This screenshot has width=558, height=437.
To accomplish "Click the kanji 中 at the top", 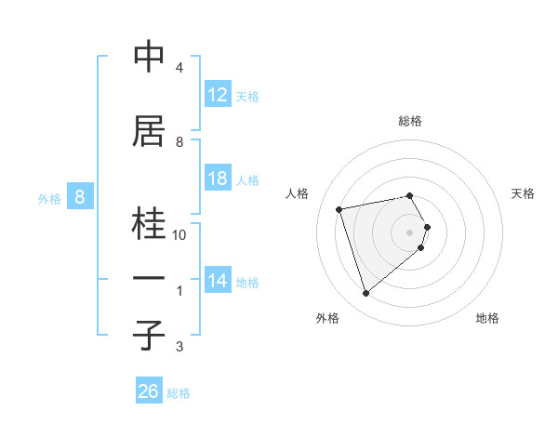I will [149, 58].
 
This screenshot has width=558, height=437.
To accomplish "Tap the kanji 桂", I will [149, 224].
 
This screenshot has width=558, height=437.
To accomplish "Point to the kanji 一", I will [149, 279].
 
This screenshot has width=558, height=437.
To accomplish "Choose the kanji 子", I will [149, 336].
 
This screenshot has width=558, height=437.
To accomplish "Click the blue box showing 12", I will [218, 95].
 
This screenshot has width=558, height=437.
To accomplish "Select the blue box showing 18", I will [218, 179].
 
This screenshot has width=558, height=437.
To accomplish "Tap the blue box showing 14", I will [218, 281].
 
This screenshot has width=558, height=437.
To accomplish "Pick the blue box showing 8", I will [80, 197].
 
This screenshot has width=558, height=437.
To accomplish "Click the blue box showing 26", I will [149, 391].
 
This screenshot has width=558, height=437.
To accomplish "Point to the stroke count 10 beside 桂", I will [179, 235].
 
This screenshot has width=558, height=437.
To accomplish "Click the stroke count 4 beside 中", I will [179, 68].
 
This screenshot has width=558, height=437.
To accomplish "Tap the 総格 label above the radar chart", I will [410, 121].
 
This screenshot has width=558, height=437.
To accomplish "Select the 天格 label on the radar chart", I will [524, 193].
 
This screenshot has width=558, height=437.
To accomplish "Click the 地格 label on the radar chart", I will [487, 318].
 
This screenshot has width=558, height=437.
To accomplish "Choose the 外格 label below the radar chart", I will [327, 318].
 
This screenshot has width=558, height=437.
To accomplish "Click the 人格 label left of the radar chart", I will [297, 193].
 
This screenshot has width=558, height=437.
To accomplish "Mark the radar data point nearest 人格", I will [339, 208].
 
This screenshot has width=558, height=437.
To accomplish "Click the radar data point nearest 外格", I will [366, 293].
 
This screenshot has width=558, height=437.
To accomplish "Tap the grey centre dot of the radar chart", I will [410, 232].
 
